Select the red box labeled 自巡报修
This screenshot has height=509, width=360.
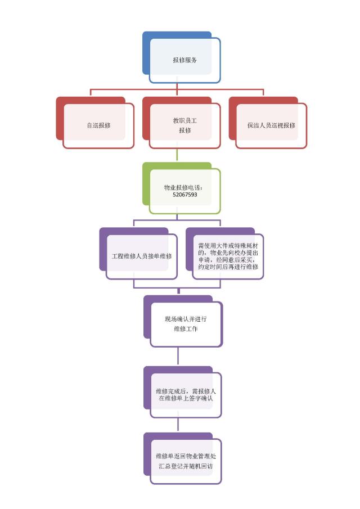tap(98, 125)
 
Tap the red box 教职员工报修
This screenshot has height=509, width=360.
tap(184, 125)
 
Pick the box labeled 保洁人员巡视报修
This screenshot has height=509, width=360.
tap(271, 125)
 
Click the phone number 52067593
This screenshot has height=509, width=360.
tap(184, 195)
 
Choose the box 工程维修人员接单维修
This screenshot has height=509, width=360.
tap(141, 256)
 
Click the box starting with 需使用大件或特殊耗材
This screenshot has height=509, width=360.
tap(228, 256)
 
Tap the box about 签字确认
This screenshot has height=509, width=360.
tap(185, 394)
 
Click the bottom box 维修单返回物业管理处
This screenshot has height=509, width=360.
tap(185, 461)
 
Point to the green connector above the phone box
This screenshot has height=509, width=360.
tap(177, 155)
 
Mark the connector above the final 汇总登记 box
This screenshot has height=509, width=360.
tap(178, 425)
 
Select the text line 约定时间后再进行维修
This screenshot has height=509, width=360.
tap(228, 267)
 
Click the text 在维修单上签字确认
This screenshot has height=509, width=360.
tap(185, 398)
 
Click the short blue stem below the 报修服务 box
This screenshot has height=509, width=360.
tap(177, 85)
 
